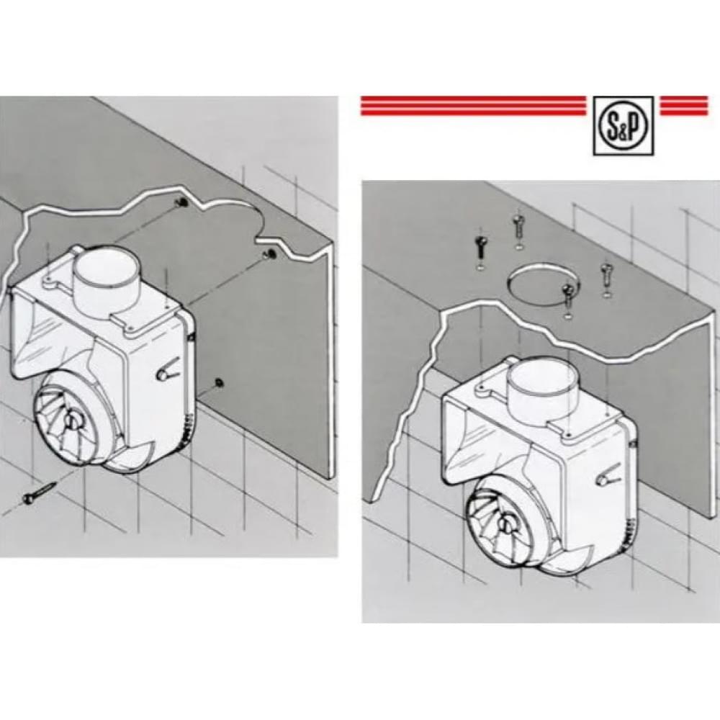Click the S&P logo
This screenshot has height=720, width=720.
click(x=624, y=125)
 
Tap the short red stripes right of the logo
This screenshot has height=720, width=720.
click(x=683, y=106)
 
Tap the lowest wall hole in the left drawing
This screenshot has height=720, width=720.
click(x=218, y=382)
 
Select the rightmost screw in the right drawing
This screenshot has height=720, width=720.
click(x=606, y=276)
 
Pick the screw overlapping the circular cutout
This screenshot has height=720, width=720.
click(x=568, y=294)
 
